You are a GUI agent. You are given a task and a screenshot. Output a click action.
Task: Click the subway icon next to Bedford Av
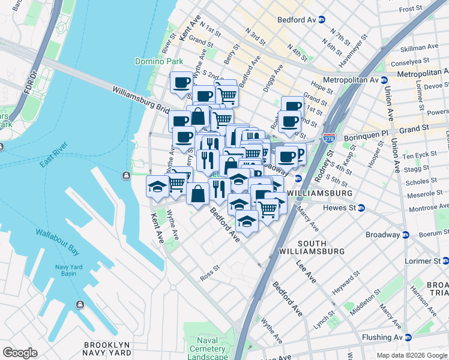point(322,19)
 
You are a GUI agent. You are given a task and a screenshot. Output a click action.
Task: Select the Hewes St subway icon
point(361,208)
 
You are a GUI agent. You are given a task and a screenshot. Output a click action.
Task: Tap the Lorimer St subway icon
point(445,261)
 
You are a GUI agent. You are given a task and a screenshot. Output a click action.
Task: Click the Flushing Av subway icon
point(408,337)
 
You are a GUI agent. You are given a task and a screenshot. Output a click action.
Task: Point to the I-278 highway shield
point(329,137)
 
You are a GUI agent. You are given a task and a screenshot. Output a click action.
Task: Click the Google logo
point(20,352)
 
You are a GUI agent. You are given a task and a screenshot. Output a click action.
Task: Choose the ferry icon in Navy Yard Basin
point(80,304)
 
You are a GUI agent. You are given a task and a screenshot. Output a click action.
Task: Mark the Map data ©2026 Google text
point(411,355)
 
